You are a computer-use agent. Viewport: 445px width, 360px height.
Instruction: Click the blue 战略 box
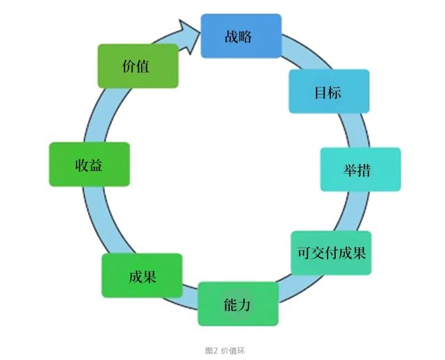pyautogui.click(x=241, y=36)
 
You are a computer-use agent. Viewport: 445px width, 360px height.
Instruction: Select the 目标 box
pyautogui.click(x=329, y=92)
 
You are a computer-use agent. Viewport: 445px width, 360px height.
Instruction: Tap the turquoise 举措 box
pyautogui.click(x=360, y=170)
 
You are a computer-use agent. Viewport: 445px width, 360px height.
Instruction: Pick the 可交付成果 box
pyautogui.click(x=331, y=253)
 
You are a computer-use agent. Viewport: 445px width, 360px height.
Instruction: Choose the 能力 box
pyautogui.click(x=238, y=304)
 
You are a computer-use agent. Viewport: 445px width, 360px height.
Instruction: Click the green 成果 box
pyautogui.click(x=142, y=276)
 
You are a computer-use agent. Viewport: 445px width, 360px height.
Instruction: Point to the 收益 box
pyautogui.click(x=90, y=165)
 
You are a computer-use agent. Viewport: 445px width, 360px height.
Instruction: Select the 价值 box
pyautogui.click(x=137, y=66)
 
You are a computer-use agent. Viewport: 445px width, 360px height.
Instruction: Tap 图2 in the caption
pyautogui.click(x=211, y=351)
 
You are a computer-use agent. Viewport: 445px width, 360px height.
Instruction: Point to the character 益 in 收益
pyautogui.click(x=97, y=165)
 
